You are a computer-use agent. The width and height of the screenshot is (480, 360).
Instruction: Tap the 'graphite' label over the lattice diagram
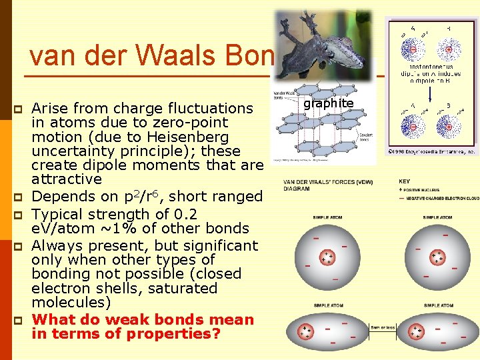pyautogui.click(x=328, y=103)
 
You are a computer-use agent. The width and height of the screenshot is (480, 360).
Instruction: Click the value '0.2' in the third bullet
pyautogui.click(x=184, y=214)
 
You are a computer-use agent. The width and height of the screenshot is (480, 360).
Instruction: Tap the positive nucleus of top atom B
pyautogui.click(x=449, y=50)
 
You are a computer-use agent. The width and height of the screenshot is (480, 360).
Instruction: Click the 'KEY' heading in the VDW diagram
pyautogui.click(x=405, y=181)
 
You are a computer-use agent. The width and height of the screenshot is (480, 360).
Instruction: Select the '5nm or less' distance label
pyautogui.click(x=382, y=327)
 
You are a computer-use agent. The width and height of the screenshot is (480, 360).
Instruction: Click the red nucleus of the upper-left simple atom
pyautogui.click(x=327, y=257)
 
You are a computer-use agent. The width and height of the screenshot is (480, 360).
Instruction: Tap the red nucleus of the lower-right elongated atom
pyautogui.click(x=417, y=331)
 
